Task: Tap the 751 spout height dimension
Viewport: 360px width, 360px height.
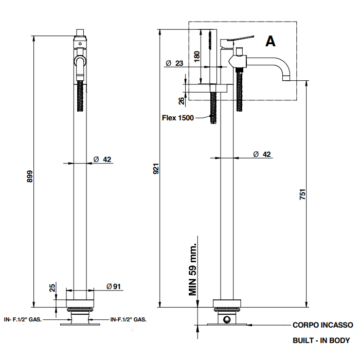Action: click(303, 194)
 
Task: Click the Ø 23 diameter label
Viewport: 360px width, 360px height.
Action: click(174, 63)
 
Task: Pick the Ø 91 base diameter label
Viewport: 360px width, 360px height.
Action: click(114, 286)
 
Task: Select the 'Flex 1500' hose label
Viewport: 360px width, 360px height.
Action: click(178, 118)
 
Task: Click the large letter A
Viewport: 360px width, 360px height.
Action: click(271, 41)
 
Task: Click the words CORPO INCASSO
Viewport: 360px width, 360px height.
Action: click(322, 325)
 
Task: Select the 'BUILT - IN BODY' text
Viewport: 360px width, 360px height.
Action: click(321, 340)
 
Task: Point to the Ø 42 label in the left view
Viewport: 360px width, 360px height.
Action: click(103, 159)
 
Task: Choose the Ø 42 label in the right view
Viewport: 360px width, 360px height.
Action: click(263, 154)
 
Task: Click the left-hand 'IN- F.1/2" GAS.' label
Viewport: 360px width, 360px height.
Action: click(22, 319)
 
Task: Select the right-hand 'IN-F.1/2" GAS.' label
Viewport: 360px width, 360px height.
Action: click(129, 319)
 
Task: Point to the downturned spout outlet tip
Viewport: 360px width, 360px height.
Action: click(285, 79)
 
